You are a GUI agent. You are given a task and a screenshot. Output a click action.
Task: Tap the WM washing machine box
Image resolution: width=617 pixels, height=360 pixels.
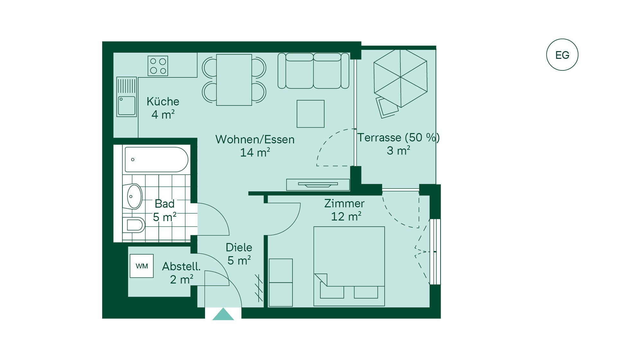(x=142, y=266)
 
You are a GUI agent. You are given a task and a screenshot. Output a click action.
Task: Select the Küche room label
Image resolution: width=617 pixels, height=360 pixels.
(x=163, y=102)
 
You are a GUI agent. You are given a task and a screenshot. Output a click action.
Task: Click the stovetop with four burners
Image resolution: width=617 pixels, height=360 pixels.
(x=158, y=66)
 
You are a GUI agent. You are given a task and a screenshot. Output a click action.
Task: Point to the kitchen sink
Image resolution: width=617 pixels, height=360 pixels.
(x=127, y=97)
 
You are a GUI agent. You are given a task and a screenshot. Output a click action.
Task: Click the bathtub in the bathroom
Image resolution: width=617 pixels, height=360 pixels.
(x=156, y=159)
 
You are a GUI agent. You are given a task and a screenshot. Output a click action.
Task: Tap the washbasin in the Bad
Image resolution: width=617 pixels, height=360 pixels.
(x=134, y=196)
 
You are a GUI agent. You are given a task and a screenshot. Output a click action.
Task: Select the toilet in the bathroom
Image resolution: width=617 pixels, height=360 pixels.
(x=134, y=225)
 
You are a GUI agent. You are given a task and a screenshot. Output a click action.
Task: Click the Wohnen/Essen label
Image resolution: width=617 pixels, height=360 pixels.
(x=255, y=139)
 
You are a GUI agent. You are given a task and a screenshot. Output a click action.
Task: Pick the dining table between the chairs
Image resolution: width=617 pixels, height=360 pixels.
(x=234, y=80)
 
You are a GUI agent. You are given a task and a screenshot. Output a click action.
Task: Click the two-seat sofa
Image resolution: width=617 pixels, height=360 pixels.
(x=313, y=71)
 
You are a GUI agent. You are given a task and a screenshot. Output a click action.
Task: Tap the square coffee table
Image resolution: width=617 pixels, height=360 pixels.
(x=310, y=114)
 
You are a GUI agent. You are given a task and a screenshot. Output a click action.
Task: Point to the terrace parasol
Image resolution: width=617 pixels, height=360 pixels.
(x=400, y=78)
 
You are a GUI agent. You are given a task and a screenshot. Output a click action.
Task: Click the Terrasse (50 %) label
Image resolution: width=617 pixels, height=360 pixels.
(x=398, y=138)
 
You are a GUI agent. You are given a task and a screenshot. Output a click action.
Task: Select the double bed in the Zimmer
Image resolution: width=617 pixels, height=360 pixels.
(x=349, y=266)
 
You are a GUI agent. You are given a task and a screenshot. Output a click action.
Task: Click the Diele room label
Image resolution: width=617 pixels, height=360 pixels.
(x=239, y=247)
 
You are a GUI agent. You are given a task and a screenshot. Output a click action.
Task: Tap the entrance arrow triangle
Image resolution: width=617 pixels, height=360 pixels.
(x=223, y=314)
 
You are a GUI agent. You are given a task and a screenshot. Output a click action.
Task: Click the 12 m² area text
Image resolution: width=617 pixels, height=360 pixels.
(x=346, y=216)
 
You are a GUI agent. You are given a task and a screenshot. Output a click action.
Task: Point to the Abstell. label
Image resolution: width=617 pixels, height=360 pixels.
(x=181, y=266)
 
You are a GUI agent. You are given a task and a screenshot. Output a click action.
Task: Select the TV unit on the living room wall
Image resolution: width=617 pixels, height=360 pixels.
(x=318, y=185)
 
